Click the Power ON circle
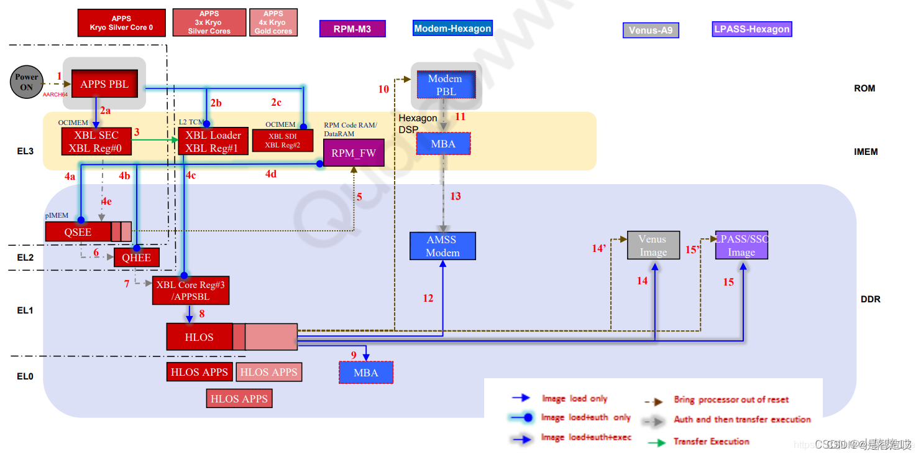26,82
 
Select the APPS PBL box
104,84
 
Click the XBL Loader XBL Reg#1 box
209,141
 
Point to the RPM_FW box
354,153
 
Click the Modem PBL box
445,85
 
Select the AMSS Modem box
442,246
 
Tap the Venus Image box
653,245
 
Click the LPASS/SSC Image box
741,245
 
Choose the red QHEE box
136,258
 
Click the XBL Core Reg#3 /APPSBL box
191,291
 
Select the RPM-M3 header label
352,29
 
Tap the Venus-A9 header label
651,30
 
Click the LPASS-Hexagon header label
752,29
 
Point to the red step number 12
428,299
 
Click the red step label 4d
271,174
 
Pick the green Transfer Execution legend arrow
658,442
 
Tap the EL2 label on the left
25,257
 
